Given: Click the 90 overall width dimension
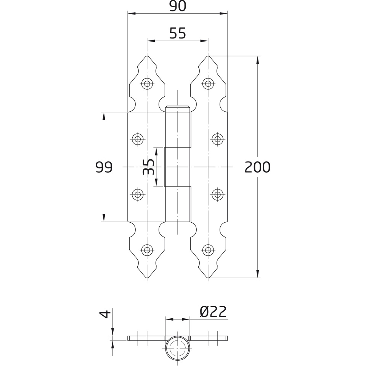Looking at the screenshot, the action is click(x=178, y=6).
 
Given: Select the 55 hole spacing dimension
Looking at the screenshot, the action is click(x=178, y=34).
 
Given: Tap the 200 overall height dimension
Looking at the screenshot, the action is click(x=257, y=167).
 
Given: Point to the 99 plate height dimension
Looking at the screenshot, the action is click(x=104, y=167).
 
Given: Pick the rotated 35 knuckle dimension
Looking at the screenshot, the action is click(x=148, y=167).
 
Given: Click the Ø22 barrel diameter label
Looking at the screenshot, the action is click(x=213, y=312).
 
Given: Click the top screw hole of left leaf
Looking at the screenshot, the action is click(x=147, y=83).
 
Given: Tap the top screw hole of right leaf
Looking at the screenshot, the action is click(x=208, y=83).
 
